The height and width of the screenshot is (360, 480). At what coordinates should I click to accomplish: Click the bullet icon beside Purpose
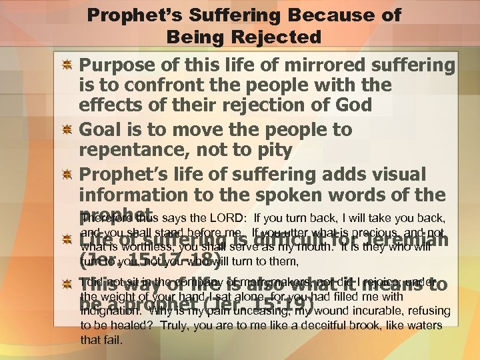[67, 65]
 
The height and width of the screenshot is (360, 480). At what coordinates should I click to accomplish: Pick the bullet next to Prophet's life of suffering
[67, 175]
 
